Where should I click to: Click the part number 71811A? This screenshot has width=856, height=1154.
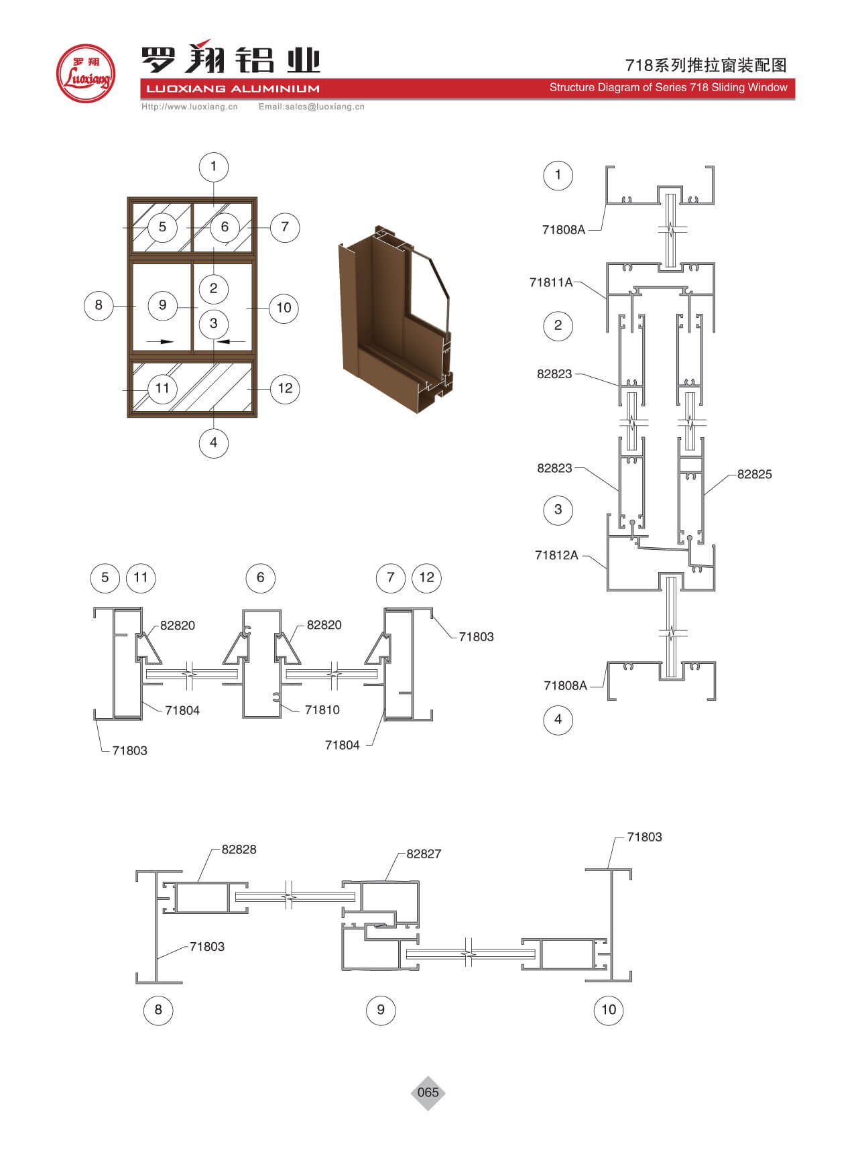(x=551, y=282)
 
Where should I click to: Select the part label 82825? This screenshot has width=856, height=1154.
(x=754, y=474)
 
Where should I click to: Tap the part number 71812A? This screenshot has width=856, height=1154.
(x=556, y=555)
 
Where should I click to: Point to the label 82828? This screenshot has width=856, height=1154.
(x=239, y=849)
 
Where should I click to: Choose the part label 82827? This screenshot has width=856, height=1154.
(x=424, y=854)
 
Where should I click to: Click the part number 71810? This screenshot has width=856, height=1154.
(x=322, y=709)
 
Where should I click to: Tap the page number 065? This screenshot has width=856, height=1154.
(x=428, y=1092)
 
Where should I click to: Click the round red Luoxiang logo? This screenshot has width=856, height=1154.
(x=86, y=74)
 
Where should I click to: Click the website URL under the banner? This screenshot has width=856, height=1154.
(x=190, y=106)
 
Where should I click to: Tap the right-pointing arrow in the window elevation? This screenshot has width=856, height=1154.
(x=160, y=341)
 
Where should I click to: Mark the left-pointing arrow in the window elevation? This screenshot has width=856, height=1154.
(x=233, y=341)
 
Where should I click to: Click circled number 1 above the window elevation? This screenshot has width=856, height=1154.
(x=214, y=166)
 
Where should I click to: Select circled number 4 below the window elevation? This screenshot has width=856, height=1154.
(x=214, y=443)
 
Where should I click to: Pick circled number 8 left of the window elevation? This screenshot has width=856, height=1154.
(x=99, y=305)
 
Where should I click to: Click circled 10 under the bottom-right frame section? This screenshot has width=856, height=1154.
(x=609, y=1009)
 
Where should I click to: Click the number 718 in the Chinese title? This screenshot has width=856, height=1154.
(x=639, y=65)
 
